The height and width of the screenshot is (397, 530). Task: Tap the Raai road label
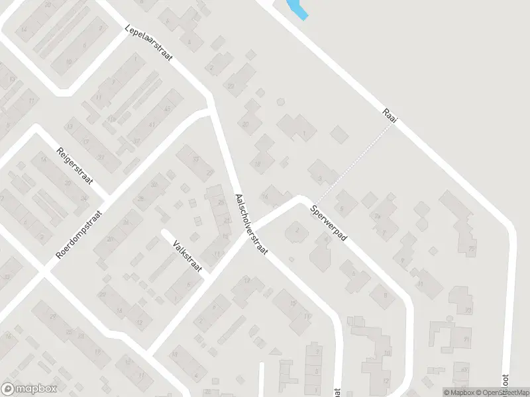coord(389,114)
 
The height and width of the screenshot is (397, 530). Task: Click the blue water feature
coord(296,9)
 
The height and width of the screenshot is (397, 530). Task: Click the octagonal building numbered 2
coord(297,230)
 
